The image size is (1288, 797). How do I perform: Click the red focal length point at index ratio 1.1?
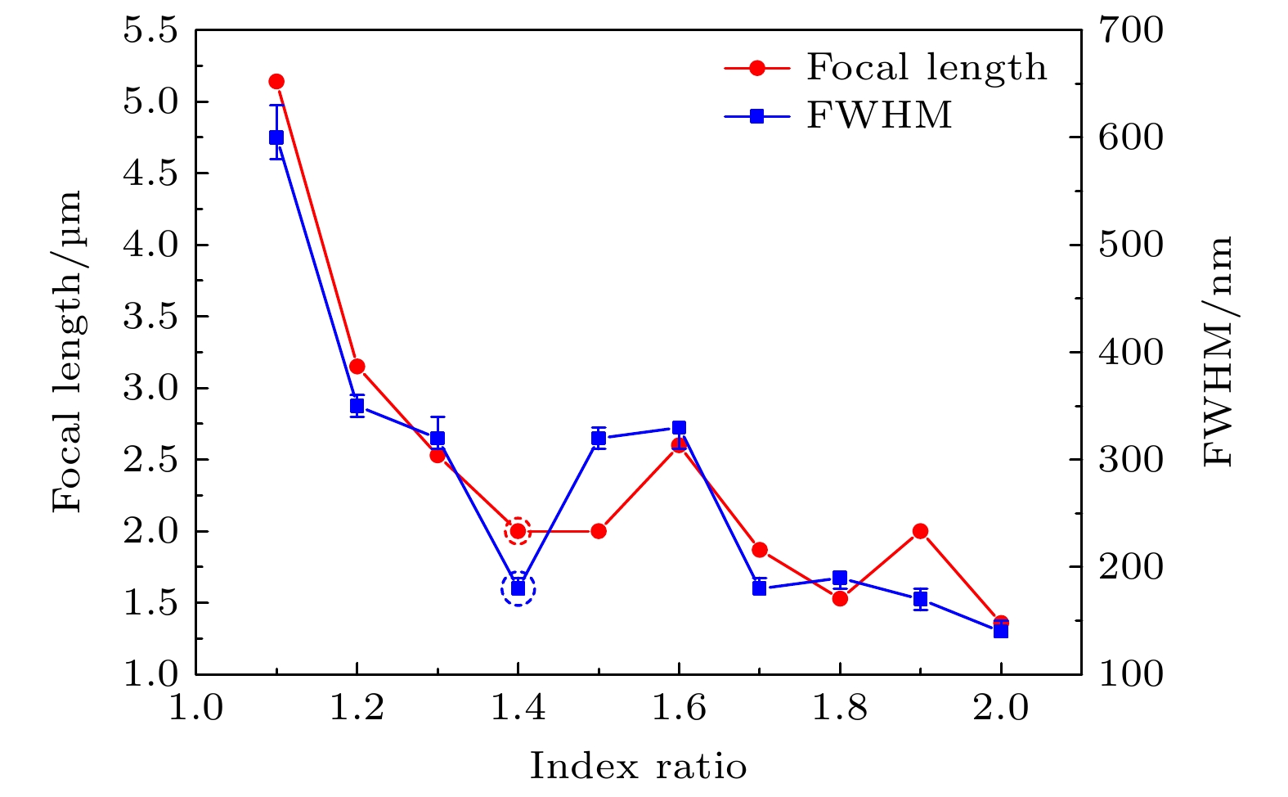[276, 81]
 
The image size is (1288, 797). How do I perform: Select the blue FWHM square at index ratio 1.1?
[276, 137]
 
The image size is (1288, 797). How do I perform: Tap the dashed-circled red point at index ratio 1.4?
[518, 531]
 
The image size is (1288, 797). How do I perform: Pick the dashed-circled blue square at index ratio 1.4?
[518, 588]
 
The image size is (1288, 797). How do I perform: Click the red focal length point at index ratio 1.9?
[920, 531]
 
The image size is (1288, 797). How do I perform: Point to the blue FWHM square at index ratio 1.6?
[679, 428]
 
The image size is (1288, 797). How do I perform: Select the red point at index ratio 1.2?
[357, 366]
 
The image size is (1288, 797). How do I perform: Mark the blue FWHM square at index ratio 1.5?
[599, 438]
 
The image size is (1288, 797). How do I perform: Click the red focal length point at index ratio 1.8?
[840, 598]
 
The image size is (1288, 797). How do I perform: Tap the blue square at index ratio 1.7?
[759, 588]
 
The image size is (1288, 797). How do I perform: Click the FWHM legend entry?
[879, 116]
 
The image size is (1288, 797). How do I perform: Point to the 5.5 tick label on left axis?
[150, 31]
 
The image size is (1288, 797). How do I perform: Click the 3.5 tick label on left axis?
[150, 317]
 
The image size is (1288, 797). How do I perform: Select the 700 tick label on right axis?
[1130, 31]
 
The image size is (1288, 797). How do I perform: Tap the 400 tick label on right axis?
[1130, 353]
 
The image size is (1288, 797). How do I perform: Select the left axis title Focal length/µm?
[69, 352]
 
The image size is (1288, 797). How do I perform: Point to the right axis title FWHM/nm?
[1218, 352]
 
